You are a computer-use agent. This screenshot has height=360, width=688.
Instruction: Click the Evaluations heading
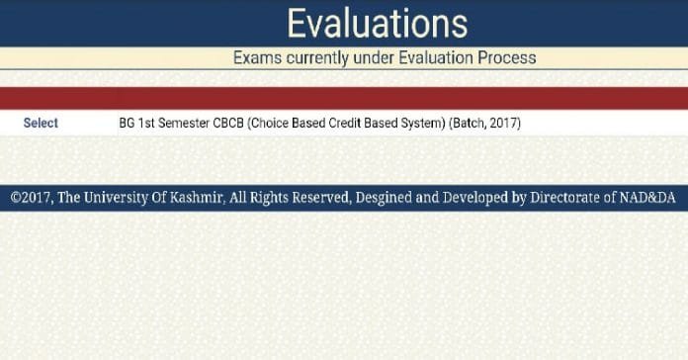click(377, 23)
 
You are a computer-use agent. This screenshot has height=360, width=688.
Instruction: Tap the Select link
click(41, 124)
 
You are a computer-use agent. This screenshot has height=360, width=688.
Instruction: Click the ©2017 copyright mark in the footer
click(31, 198)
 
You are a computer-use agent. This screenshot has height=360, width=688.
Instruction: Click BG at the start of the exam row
click(126, 124)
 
